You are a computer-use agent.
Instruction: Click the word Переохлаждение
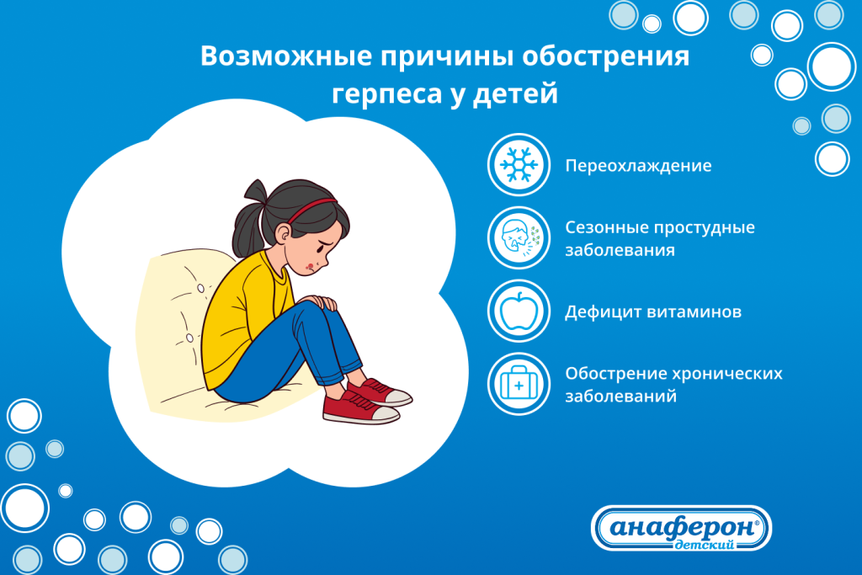click(638, 166)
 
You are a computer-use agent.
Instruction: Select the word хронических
click(729, 373)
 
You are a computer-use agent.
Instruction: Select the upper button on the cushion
click(200, 289)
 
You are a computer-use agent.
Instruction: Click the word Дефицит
click(599, 312)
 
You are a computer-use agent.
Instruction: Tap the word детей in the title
click(523, 93)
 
